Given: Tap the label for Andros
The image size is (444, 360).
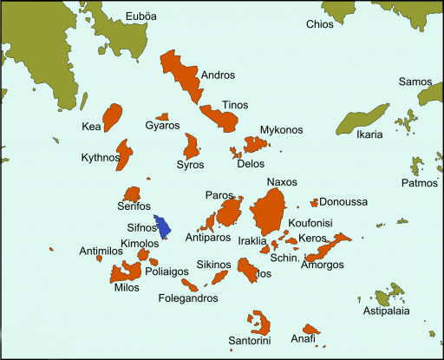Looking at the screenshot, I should (x=218, y=75).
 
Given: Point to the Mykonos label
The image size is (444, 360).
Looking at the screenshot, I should (x=281, y=130).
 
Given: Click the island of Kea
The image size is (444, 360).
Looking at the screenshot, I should (x=113, y=116).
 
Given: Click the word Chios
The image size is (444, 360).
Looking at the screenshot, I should (x=319, y=24).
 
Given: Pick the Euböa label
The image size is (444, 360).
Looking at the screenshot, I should (x=142, y=16).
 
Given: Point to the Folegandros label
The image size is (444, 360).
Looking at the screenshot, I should (x=189, y=298).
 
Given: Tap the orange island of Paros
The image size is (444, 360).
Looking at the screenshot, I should (x=229, y=213).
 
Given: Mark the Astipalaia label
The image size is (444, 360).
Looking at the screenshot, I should (x=386, y=311).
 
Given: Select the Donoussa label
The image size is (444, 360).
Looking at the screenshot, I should (x=343, y=202).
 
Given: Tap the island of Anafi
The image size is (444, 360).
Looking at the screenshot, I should (x=310, y=331).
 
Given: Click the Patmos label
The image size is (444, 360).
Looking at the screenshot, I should (x=420, y=184).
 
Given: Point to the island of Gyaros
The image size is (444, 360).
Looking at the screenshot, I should (x=160, y=115).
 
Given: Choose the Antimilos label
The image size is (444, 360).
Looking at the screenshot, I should (x=76, y=252).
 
